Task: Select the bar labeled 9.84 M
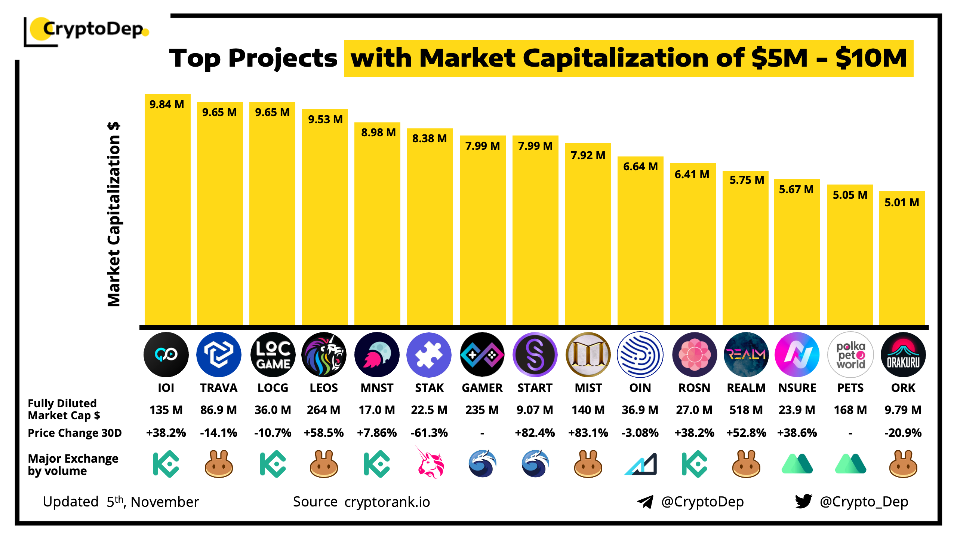(x=167, y=210)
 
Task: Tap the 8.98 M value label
(x=378, y=133)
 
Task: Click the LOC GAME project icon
(x=273, y=354)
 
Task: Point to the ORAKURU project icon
(x=903, y=354)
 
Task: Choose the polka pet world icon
(x=850, y=354)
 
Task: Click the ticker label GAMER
(x=482, y=388)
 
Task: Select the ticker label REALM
(x=746, y=388)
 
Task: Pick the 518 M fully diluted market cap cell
(x=746, y=410)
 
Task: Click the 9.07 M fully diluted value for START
(x=535, y=410)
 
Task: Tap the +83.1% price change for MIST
(x=588, y=433)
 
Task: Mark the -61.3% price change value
(x=429, y=433)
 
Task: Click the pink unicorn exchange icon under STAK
(x=430, y=463)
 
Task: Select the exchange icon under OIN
(x=641, y=464)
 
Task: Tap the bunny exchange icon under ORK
(x=903, y=464)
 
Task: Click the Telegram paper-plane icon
(x=645, y=502)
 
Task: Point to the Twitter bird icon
(x=803, y=501)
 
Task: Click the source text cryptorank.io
(x=387, y=502)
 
